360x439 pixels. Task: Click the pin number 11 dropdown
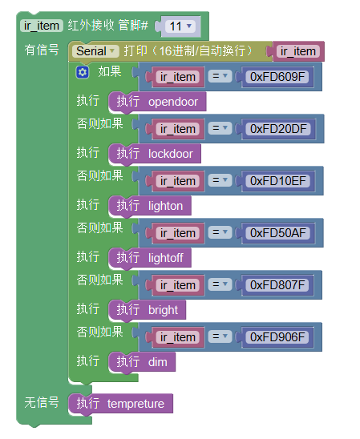point(180,26)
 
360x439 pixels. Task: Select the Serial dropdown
point(95,51)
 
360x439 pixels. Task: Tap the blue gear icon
point(83,73)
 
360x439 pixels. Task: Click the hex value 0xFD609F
point(277,77)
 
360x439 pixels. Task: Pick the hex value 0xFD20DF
point(278,129)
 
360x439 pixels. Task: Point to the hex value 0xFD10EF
point(277,181)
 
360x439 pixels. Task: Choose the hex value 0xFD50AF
point(277,233)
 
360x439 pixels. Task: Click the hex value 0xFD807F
point(277,285)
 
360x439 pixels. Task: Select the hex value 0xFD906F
point(277,337)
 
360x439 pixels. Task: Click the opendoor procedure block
point(157,102)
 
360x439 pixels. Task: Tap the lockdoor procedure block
point(155,154)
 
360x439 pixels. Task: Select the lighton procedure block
point(150,206)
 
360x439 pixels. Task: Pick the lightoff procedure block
point(150,258)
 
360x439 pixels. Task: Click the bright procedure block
point(148,310)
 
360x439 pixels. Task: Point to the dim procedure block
point(142,362)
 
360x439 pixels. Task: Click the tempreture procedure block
point(120,404)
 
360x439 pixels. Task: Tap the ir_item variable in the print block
point(297,51)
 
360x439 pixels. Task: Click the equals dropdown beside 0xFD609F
point(220,76)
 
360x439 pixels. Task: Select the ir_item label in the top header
point(42,26)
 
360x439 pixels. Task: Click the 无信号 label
point(42,403)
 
